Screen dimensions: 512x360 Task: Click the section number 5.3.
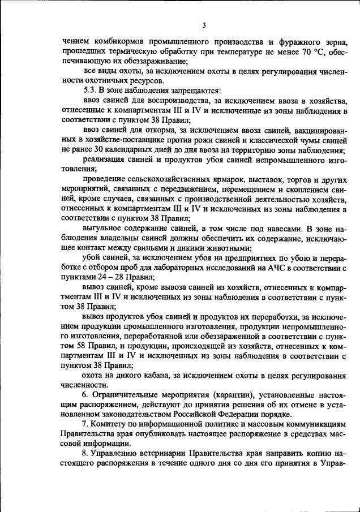click(x=89, y=91)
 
